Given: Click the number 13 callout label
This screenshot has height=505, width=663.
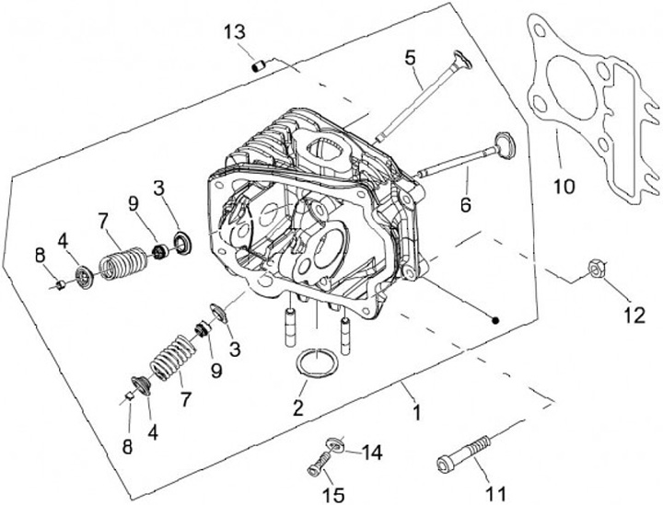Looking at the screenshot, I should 235,32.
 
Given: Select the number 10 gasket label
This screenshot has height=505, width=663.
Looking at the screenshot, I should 564,187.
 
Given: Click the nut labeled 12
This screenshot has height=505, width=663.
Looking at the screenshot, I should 594,269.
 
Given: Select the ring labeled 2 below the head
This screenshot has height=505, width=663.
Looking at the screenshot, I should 316,362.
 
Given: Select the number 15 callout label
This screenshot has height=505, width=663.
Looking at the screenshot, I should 333,495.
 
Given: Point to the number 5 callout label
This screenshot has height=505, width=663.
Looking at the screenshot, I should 411,58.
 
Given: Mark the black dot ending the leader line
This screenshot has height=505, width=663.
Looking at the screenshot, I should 494,321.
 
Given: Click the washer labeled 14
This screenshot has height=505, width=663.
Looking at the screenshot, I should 337,445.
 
